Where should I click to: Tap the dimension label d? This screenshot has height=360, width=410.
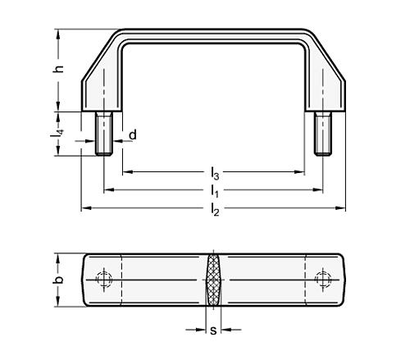(x=131, y=134)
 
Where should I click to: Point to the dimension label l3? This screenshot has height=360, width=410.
(x=214, y=173)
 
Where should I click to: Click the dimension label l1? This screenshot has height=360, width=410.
(x=214, y=190)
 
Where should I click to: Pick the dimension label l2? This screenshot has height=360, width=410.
(x=214, y=209)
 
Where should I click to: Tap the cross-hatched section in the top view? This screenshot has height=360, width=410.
(x=213, y=280)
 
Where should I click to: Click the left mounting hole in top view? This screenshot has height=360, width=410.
(x=102, y=280)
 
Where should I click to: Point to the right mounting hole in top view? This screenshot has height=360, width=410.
(x=324, y=280)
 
